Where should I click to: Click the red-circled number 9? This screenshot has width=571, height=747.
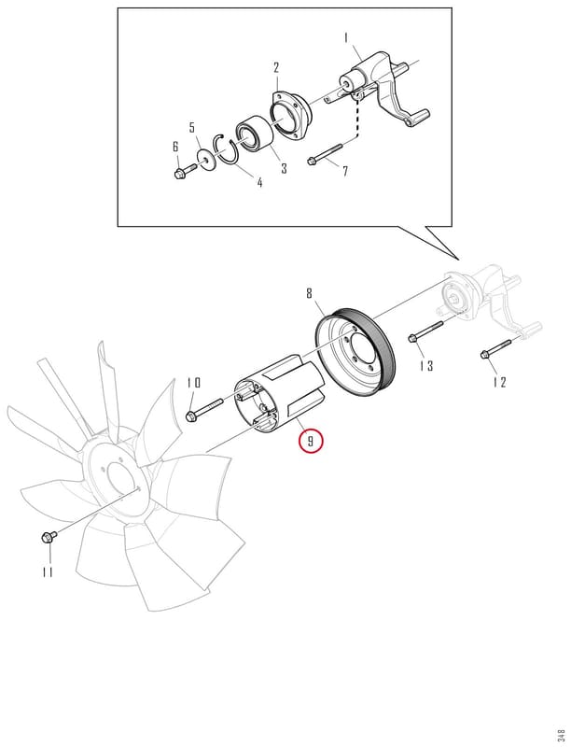pos(311,441)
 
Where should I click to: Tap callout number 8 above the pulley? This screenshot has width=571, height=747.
pos(310,293)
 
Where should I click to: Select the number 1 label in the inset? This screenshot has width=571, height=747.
pos(346,37)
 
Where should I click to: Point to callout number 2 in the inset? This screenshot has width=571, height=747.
pos(276,67)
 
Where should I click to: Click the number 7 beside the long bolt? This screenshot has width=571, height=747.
pos(345,170)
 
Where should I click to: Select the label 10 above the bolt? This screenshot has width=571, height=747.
pos(194,383)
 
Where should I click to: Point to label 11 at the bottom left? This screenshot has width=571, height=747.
pos(47,571)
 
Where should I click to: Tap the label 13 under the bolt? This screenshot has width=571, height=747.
pos(426,365)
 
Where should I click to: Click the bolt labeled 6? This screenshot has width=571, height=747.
pos(185,171)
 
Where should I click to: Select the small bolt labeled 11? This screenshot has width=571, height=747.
pos(49,537)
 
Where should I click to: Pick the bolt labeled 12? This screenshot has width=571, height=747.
pos(495,347)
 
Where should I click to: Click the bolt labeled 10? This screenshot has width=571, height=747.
pos(205,410)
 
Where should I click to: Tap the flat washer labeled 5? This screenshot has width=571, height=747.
pos(206,159)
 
